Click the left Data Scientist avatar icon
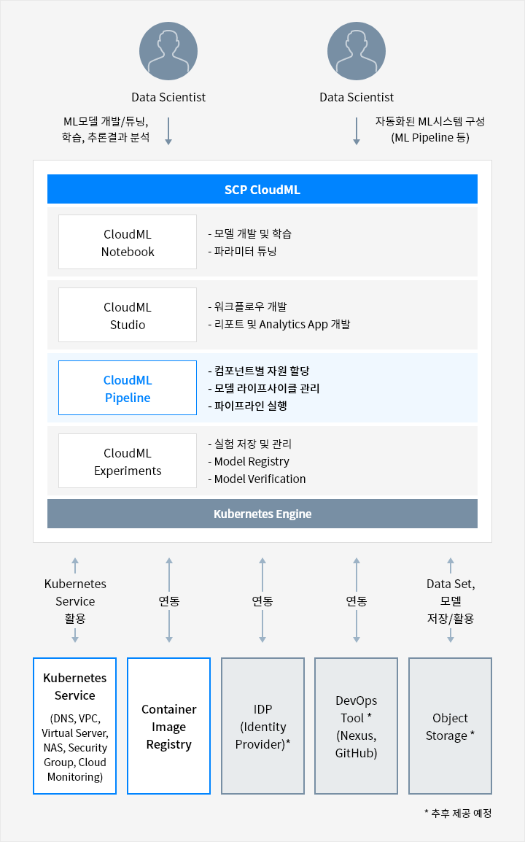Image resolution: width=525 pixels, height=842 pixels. click(168, 51)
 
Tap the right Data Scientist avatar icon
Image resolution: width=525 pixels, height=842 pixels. click(357, 51)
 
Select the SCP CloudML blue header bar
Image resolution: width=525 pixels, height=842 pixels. click(262, 189)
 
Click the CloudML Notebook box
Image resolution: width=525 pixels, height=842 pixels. click(128, 242)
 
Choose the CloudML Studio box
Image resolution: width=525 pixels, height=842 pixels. click(128, 315)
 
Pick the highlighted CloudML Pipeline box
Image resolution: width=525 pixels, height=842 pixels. click(128, 388)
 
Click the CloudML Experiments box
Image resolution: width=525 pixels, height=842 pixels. click(128, 461)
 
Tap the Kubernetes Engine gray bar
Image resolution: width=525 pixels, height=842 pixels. click(262, 514)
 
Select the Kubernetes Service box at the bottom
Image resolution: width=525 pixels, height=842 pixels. click(74, 726)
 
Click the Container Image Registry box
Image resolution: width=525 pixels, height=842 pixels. click(168, 726)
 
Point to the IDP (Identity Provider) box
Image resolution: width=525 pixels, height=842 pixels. click(262, 726)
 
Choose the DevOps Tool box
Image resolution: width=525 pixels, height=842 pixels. click(357, 726)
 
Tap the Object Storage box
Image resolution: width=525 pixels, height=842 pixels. click(451, 726)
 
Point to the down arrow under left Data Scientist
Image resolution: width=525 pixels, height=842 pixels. click(168, 131)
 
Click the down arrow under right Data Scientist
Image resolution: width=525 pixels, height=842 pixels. click(357, 131)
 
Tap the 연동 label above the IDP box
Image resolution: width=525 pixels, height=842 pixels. click(262, 601)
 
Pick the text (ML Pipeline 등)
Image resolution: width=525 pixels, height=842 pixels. click(430, 138)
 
